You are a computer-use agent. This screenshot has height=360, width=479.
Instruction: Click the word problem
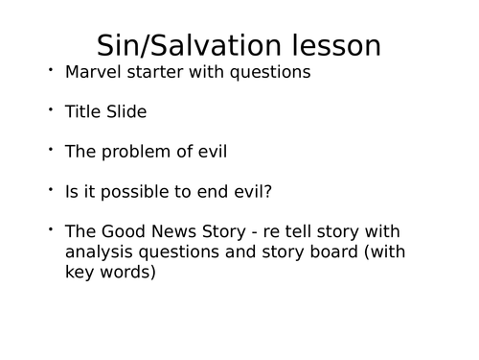(136, 151)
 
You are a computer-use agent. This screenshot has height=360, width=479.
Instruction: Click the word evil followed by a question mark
(251, 191)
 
